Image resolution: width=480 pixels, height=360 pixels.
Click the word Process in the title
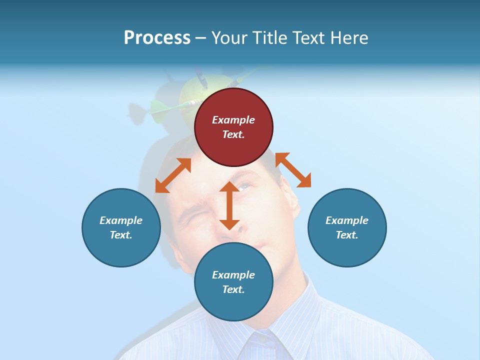point(157,38)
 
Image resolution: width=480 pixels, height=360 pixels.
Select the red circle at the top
point(233,127)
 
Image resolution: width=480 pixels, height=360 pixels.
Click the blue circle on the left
point(121,227)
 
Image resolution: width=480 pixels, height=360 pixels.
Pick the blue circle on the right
point(347,227)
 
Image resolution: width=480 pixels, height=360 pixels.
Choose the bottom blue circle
point(233,282)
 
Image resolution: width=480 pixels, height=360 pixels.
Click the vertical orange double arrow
point(229,205)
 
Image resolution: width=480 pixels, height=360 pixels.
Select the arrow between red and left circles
point(173,175)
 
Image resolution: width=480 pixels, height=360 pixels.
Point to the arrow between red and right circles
point(293,170)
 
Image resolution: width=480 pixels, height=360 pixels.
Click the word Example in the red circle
point(233,120)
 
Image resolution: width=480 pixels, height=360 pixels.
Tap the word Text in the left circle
point(121,235)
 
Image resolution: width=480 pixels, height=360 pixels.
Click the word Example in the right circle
point(347,220)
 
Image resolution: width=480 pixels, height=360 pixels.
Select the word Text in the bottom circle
point(233,289)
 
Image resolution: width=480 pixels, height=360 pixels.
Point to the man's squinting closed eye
point(190,220)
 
